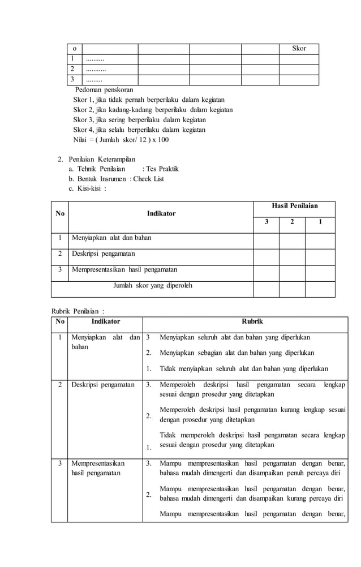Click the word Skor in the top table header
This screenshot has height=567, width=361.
click(x=299, y=49)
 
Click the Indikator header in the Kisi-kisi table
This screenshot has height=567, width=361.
click(x=161, y=213)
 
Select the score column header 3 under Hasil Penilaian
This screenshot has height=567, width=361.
click(x=266, y=222)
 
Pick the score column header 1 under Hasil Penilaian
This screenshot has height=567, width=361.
click(x=320, y=222)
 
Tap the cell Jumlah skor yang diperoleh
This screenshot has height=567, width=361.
click(x=153, y=285)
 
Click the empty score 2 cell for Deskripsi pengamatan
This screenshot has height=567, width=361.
click(x=293, y=254)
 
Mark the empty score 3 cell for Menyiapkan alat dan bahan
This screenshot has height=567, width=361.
click(x=266, y=238)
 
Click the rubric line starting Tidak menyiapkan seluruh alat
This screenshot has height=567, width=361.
click(x=244, y=369)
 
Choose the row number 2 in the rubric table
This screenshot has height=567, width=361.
click(x=59, y=385)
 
